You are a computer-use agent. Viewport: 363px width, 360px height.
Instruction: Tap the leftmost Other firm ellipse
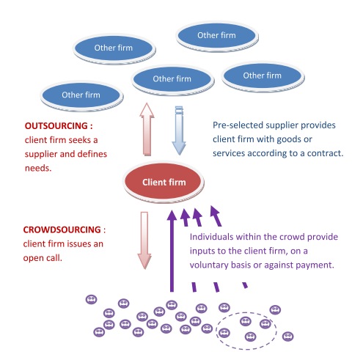coord(81,95)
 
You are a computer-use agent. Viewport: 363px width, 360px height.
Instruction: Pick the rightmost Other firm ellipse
coord(262,76)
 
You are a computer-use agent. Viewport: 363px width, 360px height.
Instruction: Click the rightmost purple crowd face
coord(287,337)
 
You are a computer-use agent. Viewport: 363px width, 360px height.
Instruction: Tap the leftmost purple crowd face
coord(91,299)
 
